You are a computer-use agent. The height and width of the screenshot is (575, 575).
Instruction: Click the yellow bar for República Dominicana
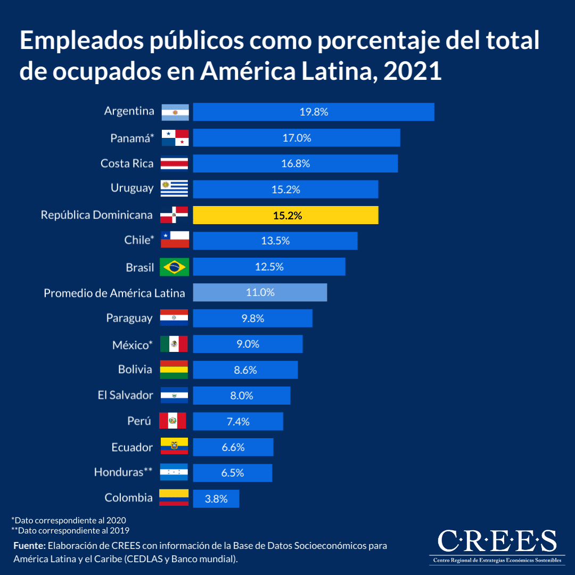pyautogui.click(x=285, y=215)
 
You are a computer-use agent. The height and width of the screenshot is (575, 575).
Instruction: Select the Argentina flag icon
pyautogui.click(x=175, y=112)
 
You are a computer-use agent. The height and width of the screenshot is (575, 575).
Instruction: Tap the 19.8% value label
pyautogui.click(x=314, y=112)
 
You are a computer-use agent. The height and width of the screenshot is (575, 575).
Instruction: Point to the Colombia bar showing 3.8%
pyautogui.click(x=216, y=499)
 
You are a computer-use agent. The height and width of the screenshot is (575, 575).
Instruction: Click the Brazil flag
pyautogui.click(x=174, y=267)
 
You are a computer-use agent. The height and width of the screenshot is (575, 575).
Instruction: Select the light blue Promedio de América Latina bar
pyautogui.click(x=260, y=292)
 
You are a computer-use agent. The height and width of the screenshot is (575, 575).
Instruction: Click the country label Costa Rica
pyautogui.click(x=127, y=163)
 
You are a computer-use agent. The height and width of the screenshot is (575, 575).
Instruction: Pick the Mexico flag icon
pyautogui.click(x=174, y=344)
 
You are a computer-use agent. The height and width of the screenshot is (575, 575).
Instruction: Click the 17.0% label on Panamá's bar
pyautogui.click(x=297, y=138)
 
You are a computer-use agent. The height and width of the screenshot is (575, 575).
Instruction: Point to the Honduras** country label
pyautogui.click(x=124, y=472)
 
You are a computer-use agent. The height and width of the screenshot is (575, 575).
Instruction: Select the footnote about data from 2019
pyautogui.click(x=70, y=530)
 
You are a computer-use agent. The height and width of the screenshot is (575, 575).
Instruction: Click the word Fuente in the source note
pyautogui.click(x=29, y=546)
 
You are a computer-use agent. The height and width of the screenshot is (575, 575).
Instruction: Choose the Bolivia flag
pyautogui.click(x=174, y=369)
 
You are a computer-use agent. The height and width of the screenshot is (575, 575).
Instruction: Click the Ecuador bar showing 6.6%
pyautogui.click(x=233, y=447)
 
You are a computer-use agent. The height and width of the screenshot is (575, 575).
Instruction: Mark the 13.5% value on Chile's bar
pyautogui.click(x=275, y=241)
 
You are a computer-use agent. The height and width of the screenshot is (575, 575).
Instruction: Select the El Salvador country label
pyautogui.click(x=125, y=395)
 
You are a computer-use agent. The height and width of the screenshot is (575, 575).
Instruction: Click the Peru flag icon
pyautogui.click(x=173, y=421)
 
